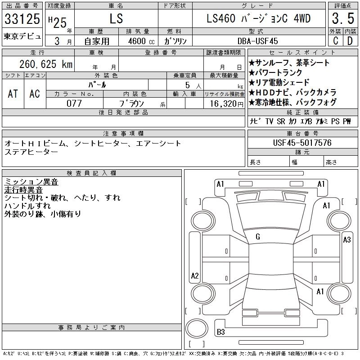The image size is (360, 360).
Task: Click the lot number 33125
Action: pos(22,19)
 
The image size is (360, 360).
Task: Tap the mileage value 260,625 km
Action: pos(45,64)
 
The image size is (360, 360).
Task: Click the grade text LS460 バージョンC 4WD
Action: pos(258,19)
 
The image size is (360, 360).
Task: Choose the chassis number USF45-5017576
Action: pos(302,143)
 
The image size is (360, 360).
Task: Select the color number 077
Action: pos(74,103)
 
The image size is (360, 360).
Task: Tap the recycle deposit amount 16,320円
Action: pos(224,103)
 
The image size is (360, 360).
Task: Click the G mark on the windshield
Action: pos(257,236)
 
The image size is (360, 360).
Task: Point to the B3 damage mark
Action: pos(221,333)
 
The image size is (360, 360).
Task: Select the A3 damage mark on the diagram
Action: pos(346,240)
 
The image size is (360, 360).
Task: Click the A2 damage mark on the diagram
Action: pos(195,275)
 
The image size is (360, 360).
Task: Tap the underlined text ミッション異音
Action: pos(31,182)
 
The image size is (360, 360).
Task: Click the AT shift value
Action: pos(13,94)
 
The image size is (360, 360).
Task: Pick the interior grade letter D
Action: pos(349,41)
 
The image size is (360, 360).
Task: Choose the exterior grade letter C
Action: pos(335,41)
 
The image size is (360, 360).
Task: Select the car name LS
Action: pos(117,19)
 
